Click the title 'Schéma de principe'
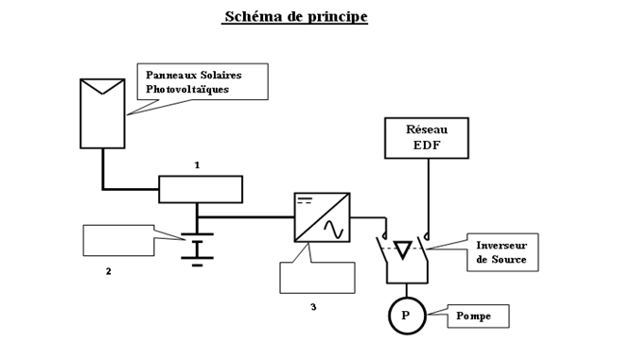[295, 17]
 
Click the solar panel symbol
[102, 113]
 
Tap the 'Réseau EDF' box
[426, 138]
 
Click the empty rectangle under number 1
[201, 189]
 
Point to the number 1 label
[197, 165]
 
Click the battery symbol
[197, 248]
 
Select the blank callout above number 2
[118, 240]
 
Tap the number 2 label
[108, 271]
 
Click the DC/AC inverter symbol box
[322, 217]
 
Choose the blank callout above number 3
[317, 277]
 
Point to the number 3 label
[313, 306]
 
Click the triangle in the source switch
[404, 249]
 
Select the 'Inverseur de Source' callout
[502, 252]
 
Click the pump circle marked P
[407, 316]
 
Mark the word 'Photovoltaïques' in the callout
[187, 90]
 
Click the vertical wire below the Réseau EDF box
[428, 194]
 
